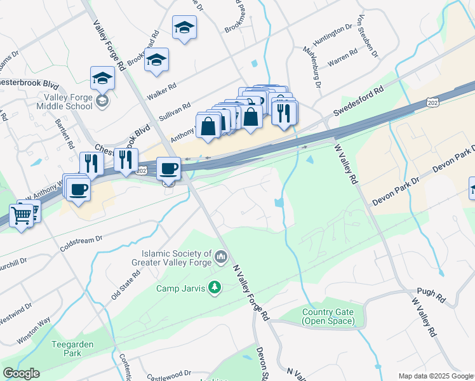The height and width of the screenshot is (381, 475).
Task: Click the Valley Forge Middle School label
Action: [x=68, y=102]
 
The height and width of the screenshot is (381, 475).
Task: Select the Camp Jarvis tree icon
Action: [x=215, y=288]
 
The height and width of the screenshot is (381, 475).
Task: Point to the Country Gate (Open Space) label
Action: [x=327, y=316]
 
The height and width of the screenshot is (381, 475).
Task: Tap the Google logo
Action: [x=21, y=374]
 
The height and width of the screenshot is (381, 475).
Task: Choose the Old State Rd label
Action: [x=124, y=284]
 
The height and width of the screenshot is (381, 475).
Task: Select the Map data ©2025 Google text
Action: [x=435, y=376]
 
